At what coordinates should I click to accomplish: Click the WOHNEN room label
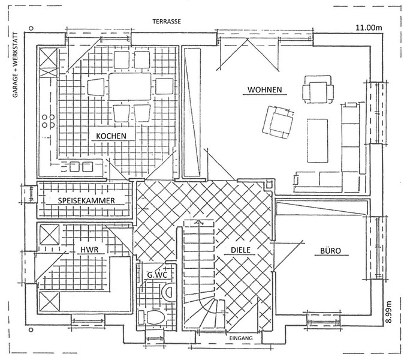point(264,90)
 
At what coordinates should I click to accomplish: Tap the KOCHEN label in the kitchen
point(111,136)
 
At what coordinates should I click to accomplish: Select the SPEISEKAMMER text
point(86,200)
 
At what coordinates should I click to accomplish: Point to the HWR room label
point(89,250)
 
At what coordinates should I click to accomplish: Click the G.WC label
point(157,275)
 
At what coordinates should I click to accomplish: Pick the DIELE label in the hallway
point(240,250)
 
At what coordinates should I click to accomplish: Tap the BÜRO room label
point(331,251)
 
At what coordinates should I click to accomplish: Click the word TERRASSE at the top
point(167,22)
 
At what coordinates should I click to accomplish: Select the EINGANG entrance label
point(241,338)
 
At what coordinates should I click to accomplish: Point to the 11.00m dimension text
point(369,28)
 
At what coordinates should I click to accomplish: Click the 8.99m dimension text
point(388,311)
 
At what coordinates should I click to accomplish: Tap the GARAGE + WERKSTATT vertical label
point(16,65)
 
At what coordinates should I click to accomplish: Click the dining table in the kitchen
point(130,86)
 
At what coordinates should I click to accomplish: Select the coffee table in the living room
point(318,140)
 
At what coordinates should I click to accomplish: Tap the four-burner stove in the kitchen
point(49,121)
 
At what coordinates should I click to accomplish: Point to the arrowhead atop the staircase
point(200,222)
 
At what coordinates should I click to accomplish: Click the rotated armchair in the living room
point(279,122)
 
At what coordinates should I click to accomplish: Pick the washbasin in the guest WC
point(168,292)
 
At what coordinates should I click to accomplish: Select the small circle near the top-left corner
point(31,28)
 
